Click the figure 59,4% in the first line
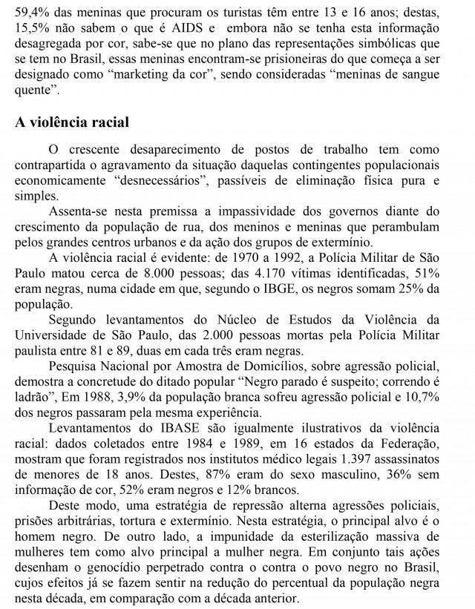point(33,11)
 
